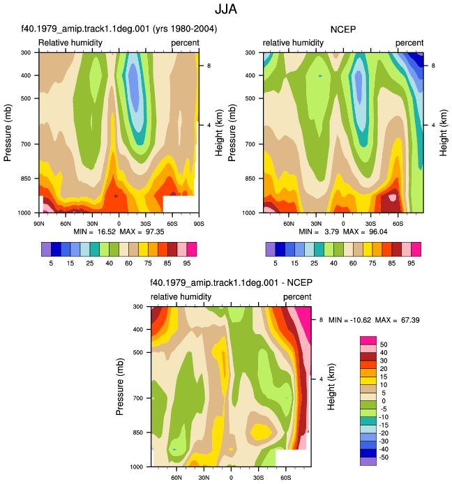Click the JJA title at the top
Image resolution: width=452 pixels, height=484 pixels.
[226, 9]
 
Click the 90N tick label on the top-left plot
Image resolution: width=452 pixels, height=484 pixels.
[39, 223]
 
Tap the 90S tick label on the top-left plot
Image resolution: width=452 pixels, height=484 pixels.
[199, 223]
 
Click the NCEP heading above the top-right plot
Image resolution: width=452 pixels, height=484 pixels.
[343, 29]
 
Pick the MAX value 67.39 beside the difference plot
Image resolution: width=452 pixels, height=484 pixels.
[410, 320]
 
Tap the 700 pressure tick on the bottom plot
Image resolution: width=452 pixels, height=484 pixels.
[138, 398]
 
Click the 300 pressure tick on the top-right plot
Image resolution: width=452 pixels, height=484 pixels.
[250, 53]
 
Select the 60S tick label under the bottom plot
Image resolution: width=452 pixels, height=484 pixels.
[285, 478]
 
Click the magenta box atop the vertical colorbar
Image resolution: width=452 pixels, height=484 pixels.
[368, 340]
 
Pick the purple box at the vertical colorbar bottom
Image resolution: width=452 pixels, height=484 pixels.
[368, 461]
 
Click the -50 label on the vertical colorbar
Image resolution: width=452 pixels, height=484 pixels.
[383, 457]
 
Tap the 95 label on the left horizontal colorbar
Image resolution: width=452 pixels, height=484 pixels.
[187, 264]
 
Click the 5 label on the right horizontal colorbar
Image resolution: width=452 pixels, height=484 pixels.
[276, 264]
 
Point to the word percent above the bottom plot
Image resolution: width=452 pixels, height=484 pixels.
[297, 297]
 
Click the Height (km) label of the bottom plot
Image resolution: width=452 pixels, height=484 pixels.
[331, 387]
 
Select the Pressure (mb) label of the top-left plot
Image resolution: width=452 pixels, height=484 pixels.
[8, 133]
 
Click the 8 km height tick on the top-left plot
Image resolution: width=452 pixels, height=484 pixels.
[209, 66]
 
